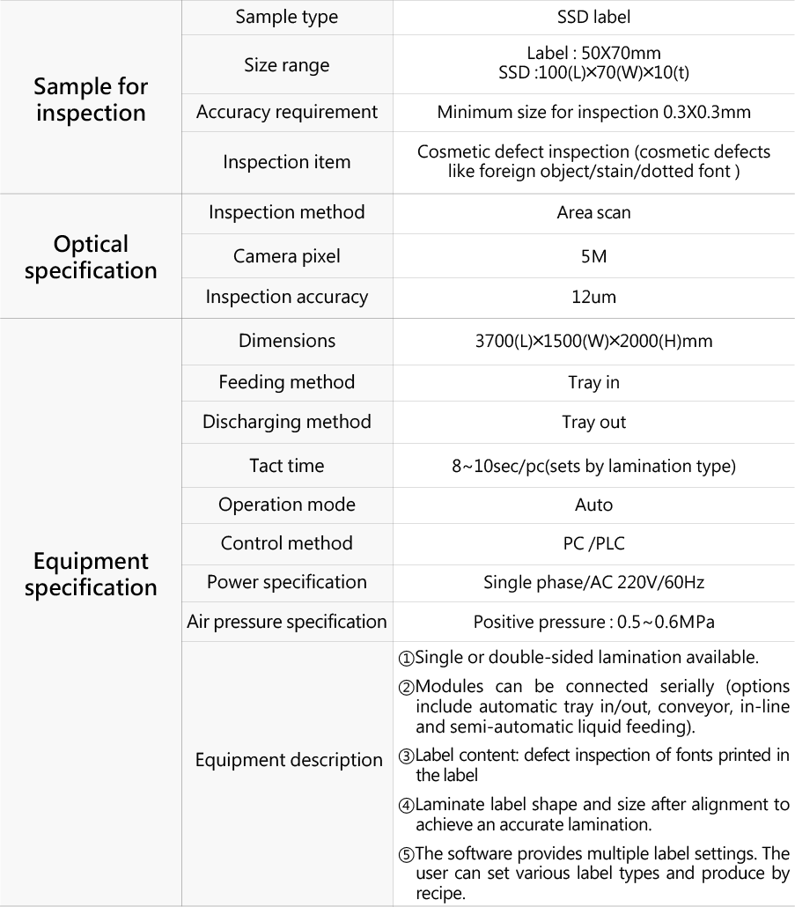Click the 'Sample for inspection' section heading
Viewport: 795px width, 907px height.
click(91, 100)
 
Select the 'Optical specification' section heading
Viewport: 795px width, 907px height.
click(91, 256)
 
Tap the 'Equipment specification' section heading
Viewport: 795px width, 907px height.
click(91, 574)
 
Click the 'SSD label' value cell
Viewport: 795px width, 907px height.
click(593, 17)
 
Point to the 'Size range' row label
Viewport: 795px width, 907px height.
click(287, 65)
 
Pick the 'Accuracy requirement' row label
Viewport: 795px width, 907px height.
click(287, 113)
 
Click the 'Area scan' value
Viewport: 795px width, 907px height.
click(593, 212)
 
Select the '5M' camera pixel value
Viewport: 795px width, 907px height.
click(593, 256)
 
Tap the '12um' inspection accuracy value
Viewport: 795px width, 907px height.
click(593, 297)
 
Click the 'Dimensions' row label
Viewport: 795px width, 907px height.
click(287, 340)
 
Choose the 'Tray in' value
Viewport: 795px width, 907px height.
click(593, 382)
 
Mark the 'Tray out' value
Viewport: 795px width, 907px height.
click(593, 422)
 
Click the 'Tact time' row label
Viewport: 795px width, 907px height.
click(287, 465)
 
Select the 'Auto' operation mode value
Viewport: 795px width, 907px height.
click(593, 505)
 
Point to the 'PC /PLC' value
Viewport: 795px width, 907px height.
click(593, 543)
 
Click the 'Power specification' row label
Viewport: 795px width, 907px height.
click(287, 582)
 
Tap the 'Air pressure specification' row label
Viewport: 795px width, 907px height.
click(287, 622)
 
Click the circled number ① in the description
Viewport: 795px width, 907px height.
click(406, 659)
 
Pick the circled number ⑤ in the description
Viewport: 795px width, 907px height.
click(406, 854)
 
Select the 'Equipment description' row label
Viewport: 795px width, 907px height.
click(289, 760)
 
